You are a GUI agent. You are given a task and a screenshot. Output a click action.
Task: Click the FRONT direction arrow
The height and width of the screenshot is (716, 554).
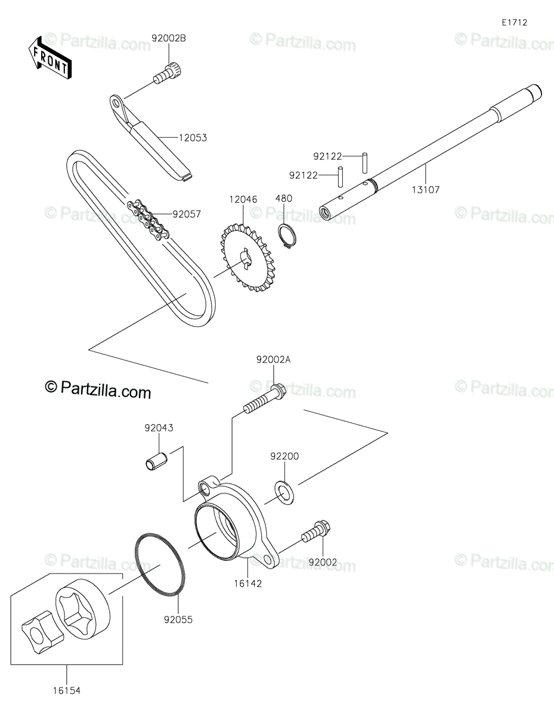[x=49, y=58]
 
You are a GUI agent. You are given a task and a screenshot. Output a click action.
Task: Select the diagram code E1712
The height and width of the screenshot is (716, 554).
[x=514, y=23]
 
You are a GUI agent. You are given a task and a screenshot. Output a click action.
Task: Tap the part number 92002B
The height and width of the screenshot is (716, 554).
[x=169, y=39]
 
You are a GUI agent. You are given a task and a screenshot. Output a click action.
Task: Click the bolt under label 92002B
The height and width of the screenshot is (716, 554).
[x=169, y=75]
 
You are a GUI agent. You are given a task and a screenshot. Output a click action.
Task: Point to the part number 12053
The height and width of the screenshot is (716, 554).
[x=193, y=138]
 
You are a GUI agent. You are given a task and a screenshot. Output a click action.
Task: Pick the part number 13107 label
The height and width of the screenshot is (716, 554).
[x=426, y=190]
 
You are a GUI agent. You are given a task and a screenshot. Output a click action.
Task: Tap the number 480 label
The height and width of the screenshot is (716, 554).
[x=284, y=198]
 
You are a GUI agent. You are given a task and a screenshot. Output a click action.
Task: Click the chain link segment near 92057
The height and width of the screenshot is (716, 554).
[x=148, y=218]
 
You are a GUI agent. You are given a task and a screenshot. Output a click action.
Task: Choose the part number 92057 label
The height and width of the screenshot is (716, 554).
[x=187, y=214]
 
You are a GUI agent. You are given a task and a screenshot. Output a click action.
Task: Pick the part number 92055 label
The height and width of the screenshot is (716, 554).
[x=178, y=620]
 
